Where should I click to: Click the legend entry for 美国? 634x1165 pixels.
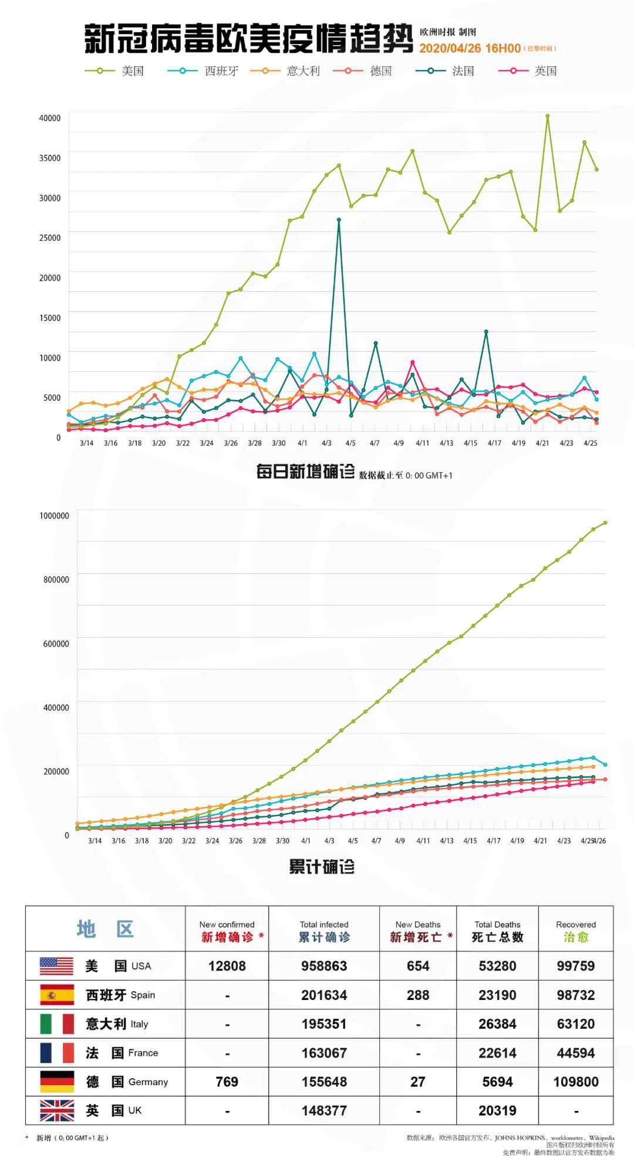coord(115,71)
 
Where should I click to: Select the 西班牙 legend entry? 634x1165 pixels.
coord(203,71)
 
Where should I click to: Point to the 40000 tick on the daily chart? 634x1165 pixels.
coord(50,118)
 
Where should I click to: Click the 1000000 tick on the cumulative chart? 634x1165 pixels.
coord(54,516)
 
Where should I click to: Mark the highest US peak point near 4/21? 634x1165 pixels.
coord(547,116)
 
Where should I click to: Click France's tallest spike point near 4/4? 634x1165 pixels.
coord(339,220)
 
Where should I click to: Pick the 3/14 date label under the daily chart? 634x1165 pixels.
coord(86,443)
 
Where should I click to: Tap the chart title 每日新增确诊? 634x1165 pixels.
coord(305,472)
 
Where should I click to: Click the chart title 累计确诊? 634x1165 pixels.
coord(322,867)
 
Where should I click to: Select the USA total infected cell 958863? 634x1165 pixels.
coord(324,966)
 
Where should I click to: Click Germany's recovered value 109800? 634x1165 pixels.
coord(575,1082)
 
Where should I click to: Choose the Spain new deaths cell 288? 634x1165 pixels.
coord(417,995)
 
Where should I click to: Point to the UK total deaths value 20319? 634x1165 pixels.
coord(497,1110)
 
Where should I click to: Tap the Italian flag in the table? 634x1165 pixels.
coord(56,1024)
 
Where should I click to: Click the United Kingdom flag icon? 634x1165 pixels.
coord(56,1110)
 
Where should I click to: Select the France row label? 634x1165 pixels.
coord(122,1053)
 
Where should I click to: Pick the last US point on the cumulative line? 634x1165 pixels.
coord(605,523)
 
